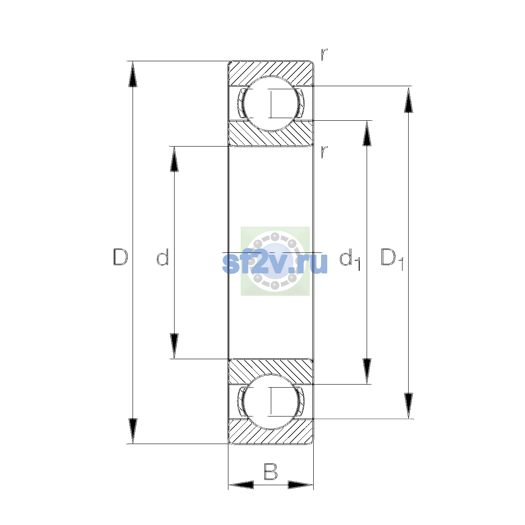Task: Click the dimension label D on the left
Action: pos(120,257)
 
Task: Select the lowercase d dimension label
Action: pos(163,257)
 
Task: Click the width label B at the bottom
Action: pos(270,471)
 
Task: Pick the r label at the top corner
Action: pos(324,55)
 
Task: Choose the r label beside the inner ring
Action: pos(324,152)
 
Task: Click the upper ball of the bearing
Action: pos(270,104)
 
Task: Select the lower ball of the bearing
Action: pos(270,402)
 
